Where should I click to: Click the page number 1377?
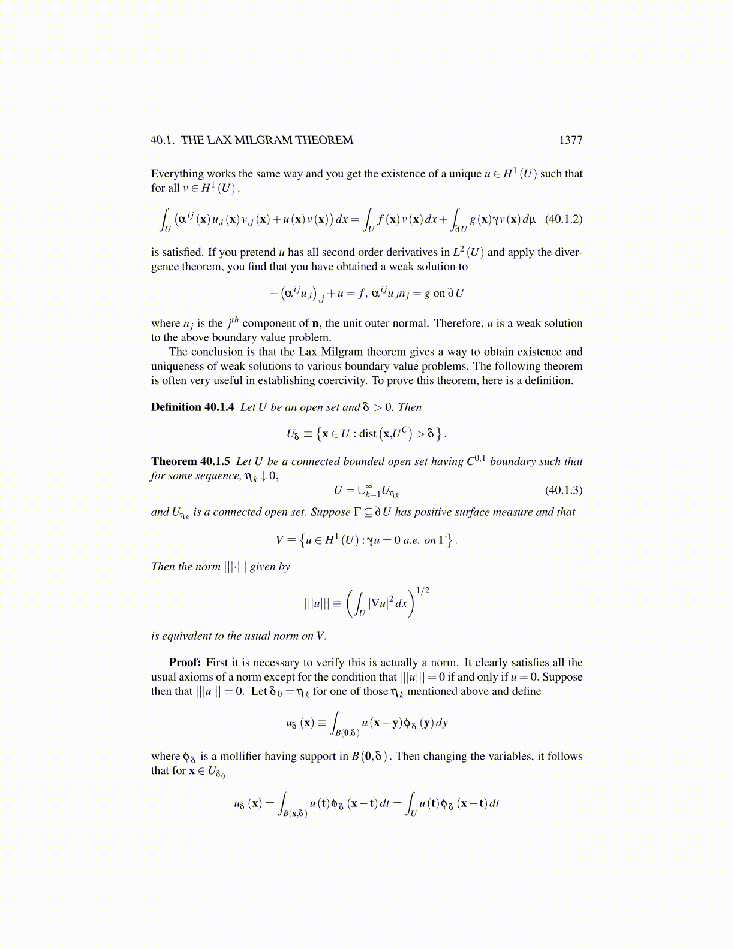click(570, 140)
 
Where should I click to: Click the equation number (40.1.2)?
click(563, 219)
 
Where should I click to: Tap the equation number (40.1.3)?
click(563, 490)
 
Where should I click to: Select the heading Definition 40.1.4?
click(192, 407)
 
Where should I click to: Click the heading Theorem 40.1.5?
click(191, 461)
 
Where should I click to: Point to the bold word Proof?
click(185, 663)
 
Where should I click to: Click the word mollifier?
click(237, 756)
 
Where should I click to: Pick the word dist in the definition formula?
click(368, 433)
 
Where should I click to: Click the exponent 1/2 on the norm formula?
click(423, 591)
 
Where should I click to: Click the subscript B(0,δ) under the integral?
click(347, 733)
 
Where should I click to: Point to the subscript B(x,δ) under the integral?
click(296, 814)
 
